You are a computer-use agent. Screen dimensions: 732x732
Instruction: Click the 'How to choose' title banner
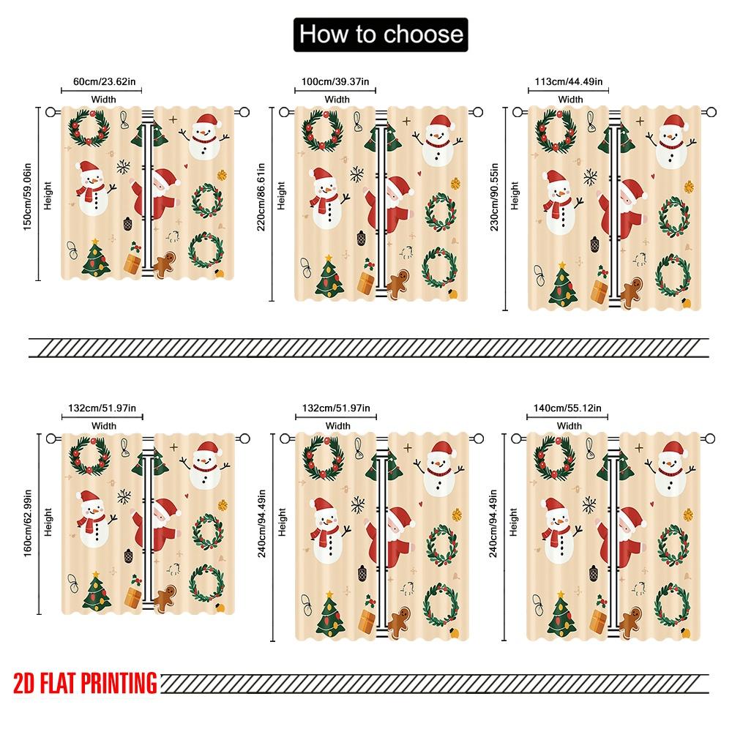[379, 34]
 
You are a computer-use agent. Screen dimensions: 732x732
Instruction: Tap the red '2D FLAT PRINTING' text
[85, 683]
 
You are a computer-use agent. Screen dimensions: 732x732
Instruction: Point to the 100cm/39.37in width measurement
[335, 81]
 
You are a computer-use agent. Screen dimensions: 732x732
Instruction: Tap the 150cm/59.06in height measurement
[27, 194]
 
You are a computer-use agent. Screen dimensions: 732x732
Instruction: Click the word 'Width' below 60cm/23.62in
[103, 99]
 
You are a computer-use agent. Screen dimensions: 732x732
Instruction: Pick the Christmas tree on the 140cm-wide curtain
[562, 615]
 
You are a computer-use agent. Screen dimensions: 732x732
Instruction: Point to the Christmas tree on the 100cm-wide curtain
[329, 277]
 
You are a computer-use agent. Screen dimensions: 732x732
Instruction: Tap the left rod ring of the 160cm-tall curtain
[51, 438]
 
